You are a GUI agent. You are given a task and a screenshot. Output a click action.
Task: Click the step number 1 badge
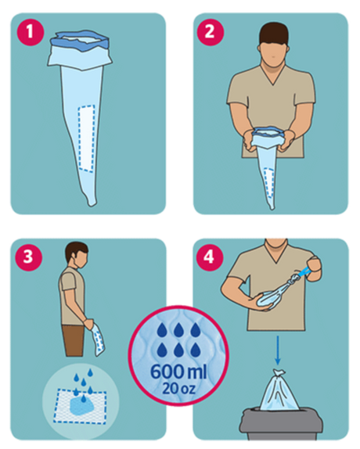pyautogui.click(x=30, y=32)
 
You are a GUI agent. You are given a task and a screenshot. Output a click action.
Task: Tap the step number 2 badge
pyautogui.click(x=210, y=32)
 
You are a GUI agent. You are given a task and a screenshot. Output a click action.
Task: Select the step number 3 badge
pyautogui.click(x=28, y=257)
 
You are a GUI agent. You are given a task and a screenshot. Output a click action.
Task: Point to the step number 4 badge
pyautogui.click(x=209, y=257)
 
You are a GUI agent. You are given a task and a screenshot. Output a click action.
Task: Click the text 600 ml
pyautogui.click(x=178, y=372)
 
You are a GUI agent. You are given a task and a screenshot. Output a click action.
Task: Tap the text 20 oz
pyautogui.click(x=178, y=388)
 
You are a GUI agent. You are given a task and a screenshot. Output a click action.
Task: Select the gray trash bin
pyautogui.click(x=281, y=424)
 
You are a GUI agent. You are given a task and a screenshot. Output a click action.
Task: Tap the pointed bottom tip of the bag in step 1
pyautogui.click(x=92, y=204)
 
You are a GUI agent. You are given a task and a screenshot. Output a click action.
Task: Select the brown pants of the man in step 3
pyautogui.click(x=74, y=341)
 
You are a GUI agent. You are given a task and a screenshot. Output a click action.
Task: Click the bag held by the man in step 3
pyautogui.click(x=97, y=340)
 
